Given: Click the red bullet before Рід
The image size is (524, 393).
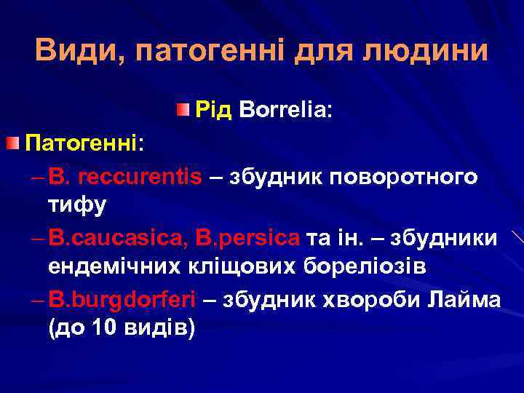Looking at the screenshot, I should pos(182,110).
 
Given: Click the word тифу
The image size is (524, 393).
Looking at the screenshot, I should pos(77,205).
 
